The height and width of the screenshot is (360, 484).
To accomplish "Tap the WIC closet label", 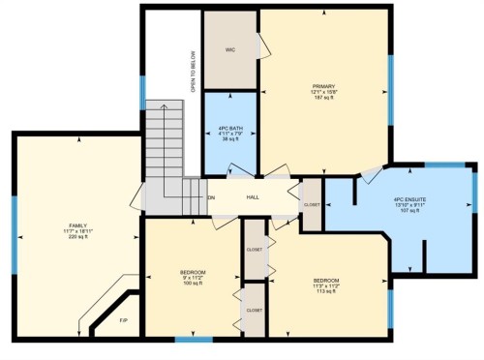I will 230,48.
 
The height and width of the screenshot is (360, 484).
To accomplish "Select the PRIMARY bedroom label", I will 323,86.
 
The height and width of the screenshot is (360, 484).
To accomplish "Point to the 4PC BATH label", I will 229,128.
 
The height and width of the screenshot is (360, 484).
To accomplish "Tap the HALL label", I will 253,197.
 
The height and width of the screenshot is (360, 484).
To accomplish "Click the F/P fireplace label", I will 123,320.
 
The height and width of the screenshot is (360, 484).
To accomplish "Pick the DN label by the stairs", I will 211,197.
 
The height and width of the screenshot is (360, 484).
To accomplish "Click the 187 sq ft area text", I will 323,98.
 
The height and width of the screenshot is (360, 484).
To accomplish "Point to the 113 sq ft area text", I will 325,291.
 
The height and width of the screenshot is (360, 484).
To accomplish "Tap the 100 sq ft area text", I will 193,284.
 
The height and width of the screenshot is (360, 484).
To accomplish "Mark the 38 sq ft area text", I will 229,139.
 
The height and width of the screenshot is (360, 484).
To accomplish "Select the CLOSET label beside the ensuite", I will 312,204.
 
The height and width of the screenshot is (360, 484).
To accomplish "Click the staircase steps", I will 165,145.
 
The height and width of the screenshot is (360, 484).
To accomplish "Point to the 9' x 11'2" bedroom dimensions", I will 193,278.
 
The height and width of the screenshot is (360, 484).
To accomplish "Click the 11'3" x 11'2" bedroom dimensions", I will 325,285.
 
